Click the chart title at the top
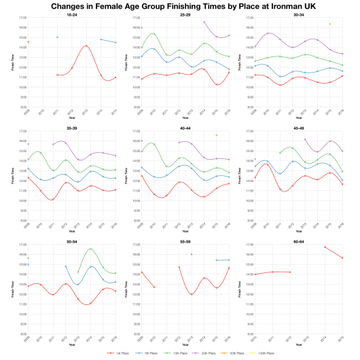tap(180, 5)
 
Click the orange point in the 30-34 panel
tap(329, 24)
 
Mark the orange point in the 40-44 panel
tap(217, 135)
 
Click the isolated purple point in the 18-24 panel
tap(57, 37)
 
